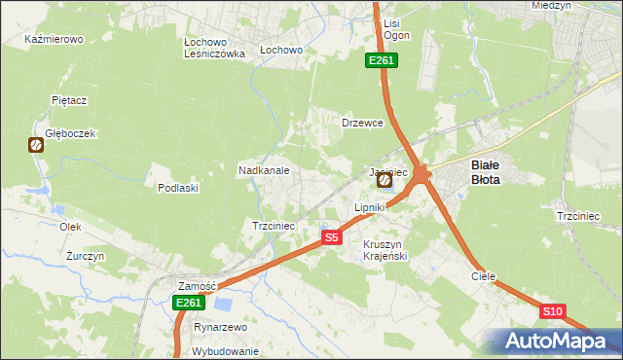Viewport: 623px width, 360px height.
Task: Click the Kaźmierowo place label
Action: pyautogui.click(x=55, y=40)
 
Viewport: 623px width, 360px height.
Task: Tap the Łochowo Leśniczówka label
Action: pyautogui.click(x=214, y=49)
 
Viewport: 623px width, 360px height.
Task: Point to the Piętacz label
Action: pyautogui.click(x=70, y=100)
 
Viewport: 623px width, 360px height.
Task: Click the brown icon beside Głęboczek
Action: pyautogui.click(x=36, y=146)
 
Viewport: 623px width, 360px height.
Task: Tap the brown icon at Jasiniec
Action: pyautogui.click(x=385, y=180)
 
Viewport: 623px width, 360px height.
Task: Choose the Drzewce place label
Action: pyautogui.click(x=362, y=124)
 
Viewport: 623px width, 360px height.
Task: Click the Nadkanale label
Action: pyautogui.click(x=264, y=170)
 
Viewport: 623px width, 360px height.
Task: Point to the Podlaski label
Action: pyautogui.click(x=178, y=188)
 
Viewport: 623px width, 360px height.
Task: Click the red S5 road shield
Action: pyautogui.click(x=331, y=237)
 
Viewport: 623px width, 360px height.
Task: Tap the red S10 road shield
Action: pyautogui.click(x=552, y=311)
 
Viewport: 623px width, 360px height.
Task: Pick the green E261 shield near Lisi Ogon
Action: pyautogui.click(x=381, y=61)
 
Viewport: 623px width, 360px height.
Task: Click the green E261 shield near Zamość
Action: pyautogui.click(x=189, y=304)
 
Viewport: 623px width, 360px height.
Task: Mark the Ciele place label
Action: pyautogui.click(x=484, y=276)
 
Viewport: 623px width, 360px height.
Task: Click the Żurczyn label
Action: pyautogui.click(x=85, y=256)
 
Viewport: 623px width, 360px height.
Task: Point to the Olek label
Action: pyautogui.click(x=69, y=227)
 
